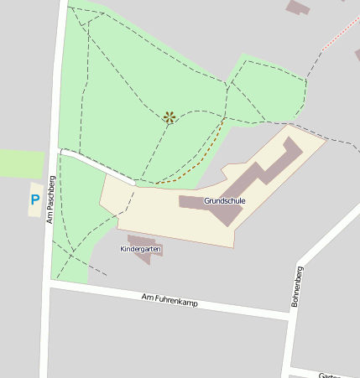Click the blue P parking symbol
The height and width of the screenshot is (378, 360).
pyautogui.click(x=34, y=199)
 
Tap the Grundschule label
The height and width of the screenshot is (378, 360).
pyautogui.click(x=224, y=201)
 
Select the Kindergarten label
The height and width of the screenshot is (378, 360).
pyautogui.click(x=140, y=249)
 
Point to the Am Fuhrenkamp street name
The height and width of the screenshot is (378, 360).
pyautogui.click(x=170, y=299)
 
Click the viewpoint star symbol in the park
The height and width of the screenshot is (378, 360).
pyautogui.click(x=170, y=117)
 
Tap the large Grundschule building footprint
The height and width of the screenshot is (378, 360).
pyautogui.click(x=252, y=180)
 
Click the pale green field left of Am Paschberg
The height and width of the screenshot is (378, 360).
pyautogui.click(x=21, y=163)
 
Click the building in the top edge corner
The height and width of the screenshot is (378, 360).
pyautogui.click(x=298, y=7)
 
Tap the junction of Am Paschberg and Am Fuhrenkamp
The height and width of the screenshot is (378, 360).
pyautogui.click(x=47, y=287)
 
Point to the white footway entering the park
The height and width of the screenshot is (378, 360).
pyautogui.click(x=97, y=166)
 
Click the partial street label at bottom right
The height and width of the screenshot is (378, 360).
pyautogui.click(x=336, y=375)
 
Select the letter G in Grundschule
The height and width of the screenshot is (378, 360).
pyautogui.click(x=206, y=201)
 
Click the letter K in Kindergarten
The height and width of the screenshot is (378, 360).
pyautogui.click(x=123, y=249)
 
